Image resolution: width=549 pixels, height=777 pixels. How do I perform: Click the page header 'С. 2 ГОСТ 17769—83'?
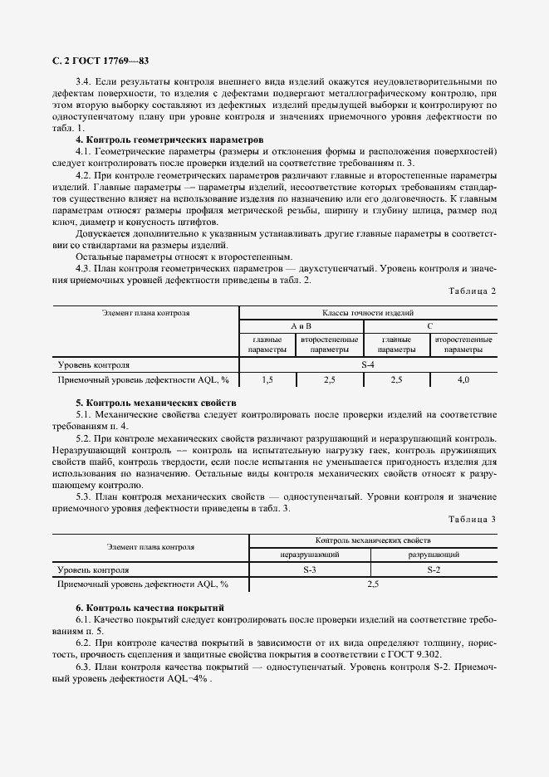pyautogui.click(x=100, y=61)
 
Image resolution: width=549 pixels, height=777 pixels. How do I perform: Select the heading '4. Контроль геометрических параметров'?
pyautogui.click(x=169, y=140)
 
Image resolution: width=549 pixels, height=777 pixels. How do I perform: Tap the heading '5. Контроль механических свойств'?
pyautogui.click(x=156, y=402)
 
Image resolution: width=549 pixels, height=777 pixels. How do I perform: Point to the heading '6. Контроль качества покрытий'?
pyautogui.click(x=150, y=608)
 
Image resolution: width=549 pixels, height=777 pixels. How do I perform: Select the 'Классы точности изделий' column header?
pyautogui.click(x=368, y=313)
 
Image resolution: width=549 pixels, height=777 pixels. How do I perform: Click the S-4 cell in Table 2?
pyautogui.click(x=368, y=364)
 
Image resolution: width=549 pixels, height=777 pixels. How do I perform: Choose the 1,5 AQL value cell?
pyautogui.click(x=267, y=379)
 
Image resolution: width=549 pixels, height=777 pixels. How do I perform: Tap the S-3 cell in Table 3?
pyautogui.click(x=309, y=569)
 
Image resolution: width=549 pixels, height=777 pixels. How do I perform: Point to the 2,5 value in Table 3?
pyautogui.click(x=372, y=584)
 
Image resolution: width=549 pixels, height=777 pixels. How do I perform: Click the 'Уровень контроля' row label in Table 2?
pyautogui.click(x=93, y=364)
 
